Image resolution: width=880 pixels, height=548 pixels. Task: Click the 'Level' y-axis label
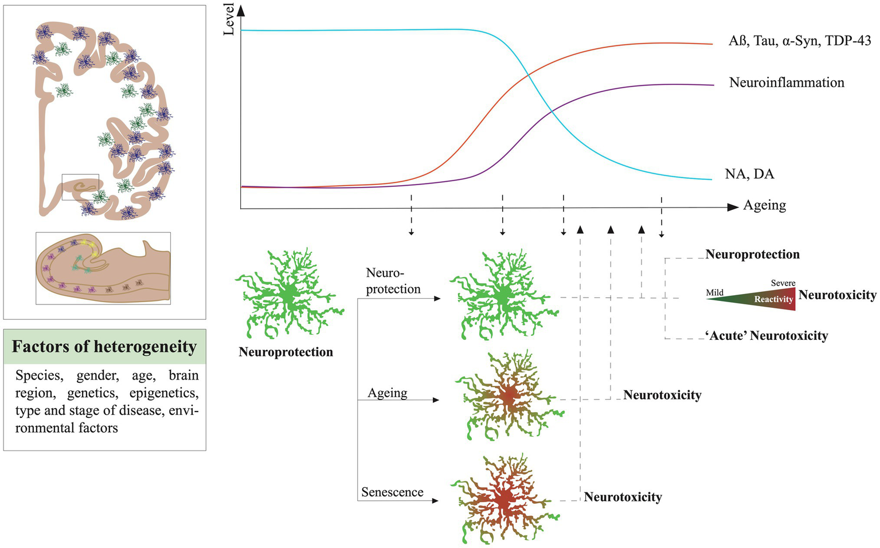229,19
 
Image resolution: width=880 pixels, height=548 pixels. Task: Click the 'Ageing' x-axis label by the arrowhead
764,205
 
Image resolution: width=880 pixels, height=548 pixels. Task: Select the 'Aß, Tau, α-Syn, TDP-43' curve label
800,41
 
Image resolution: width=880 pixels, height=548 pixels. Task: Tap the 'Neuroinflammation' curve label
787,83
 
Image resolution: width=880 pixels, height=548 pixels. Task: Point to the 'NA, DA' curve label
749,174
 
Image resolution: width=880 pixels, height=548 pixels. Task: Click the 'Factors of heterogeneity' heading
104,347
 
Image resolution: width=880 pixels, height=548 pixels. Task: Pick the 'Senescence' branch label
392,492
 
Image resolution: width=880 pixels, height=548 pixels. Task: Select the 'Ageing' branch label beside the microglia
388,393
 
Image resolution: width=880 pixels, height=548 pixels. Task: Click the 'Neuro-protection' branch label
393,281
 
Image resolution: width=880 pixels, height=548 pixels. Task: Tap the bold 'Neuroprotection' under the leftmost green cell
285,352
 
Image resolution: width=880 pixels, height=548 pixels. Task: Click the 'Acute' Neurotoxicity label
766,336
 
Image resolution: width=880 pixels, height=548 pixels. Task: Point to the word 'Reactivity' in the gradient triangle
773,299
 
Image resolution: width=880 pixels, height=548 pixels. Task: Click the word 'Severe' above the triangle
783,283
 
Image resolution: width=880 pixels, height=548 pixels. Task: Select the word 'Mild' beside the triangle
714,292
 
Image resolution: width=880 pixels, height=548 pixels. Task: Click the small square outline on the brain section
80,187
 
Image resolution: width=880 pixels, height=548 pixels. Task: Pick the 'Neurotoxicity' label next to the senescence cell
623,497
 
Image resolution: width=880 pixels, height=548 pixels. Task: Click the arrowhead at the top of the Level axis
240,9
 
